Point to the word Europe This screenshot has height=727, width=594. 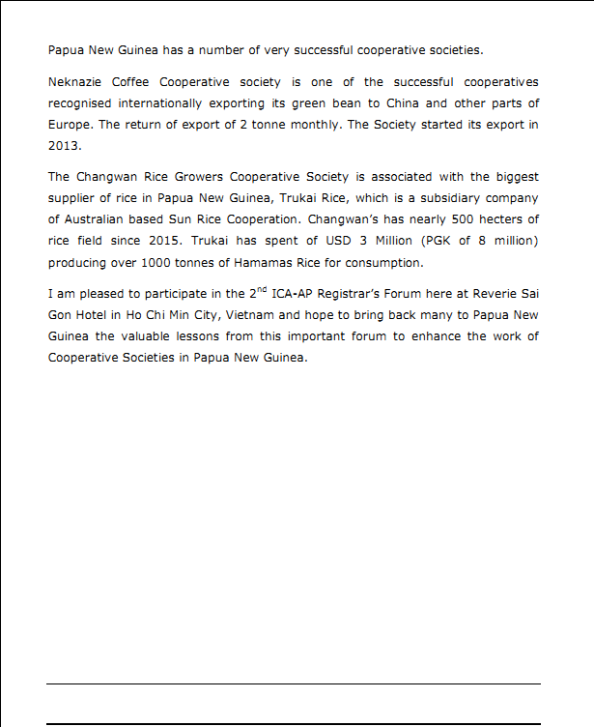pyautogui.click(x=71, y=125)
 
